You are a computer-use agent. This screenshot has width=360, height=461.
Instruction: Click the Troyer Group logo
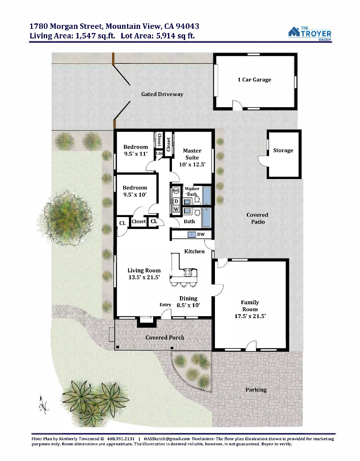[310, 34]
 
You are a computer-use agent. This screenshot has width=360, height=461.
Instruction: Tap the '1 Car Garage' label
[254, 80]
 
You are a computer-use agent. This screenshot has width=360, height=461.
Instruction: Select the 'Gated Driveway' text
[162, 94]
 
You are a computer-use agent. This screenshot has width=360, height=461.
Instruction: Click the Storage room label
[283, 151]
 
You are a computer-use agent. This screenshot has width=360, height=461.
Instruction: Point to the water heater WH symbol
[176, 190]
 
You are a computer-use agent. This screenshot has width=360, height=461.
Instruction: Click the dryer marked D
[176, 201]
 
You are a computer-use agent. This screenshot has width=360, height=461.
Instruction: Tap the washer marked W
[176, 209]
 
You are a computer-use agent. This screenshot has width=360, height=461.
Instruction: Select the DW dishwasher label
[201, 234]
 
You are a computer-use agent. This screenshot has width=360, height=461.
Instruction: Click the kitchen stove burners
[188, 272]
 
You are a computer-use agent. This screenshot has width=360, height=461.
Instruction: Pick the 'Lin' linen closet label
[159, 153]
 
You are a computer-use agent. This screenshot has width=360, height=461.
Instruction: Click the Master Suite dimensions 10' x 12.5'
[192, 164]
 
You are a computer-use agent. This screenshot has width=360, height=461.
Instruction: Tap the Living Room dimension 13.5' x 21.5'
[144, 277]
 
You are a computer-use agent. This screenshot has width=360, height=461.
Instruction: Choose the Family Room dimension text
[250, 316]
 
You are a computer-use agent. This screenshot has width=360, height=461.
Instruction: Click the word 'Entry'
[165, 305]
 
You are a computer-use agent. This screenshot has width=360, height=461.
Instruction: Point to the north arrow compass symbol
[44, 405]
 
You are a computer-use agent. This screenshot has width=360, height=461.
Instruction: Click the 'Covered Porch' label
[165, 337]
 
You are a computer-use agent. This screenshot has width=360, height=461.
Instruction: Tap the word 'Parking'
[256, 390]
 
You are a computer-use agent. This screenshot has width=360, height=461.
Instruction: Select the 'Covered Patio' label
[258, 218]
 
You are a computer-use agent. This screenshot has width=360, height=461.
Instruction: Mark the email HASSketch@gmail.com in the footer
[167, 439]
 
